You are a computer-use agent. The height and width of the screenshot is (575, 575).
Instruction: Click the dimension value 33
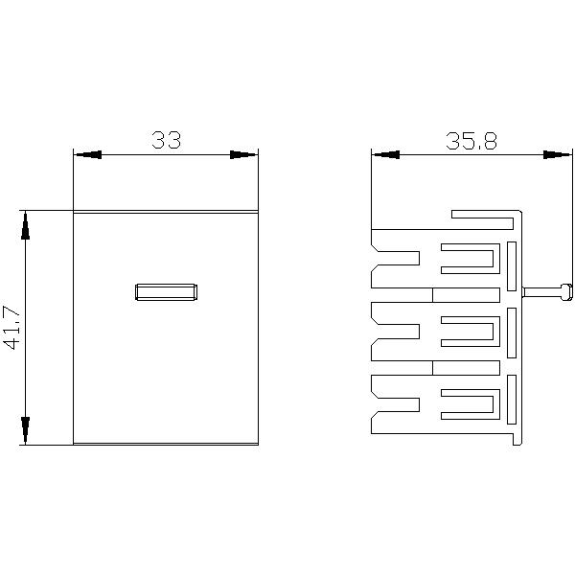166,140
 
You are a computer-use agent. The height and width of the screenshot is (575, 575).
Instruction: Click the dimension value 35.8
471,141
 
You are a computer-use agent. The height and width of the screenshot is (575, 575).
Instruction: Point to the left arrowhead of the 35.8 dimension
383,154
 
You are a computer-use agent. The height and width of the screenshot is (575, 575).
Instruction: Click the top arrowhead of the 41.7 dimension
26,224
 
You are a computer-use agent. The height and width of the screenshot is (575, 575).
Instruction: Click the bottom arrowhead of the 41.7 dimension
26,431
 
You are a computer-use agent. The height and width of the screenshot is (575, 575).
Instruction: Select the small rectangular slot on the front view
166,291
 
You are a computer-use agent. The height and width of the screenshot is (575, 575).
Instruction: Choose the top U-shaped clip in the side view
470,259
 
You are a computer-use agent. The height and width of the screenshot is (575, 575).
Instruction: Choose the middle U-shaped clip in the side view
470,332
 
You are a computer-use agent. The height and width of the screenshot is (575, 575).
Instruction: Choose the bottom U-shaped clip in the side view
470,403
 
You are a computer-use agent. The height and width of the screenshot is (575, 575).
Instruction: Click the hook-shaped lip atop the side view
484,216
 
